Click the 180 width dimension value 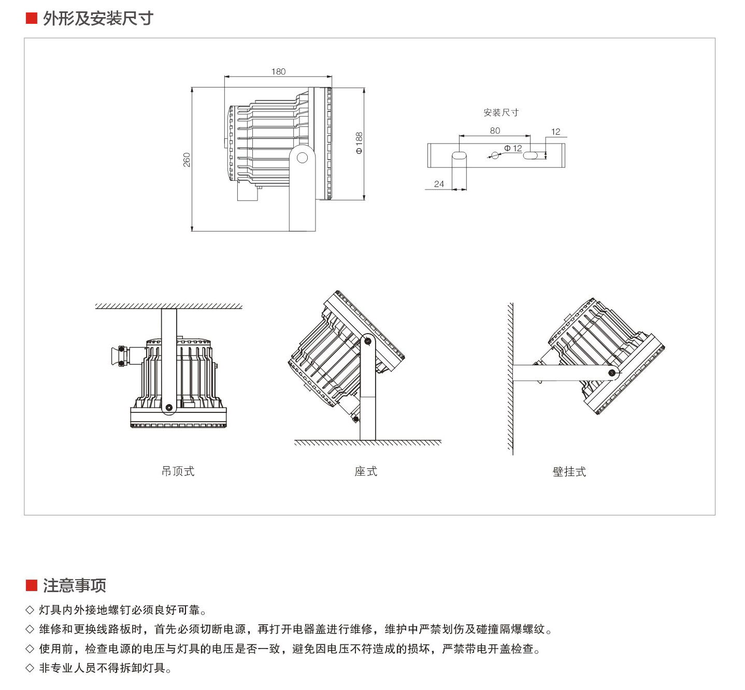click(278, 71)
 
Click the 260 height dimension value click(187, 160)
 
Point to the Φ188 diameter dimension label click(359, 143)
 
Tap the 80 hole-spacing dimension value click(495, 131)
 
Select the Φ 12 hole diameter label click(513, 148)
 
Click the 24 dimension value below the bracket click(439, 184)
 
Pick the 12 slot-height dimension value click(556, 132)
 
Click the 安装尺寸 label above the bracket click(501, 112)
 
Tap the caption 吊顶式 click(178, 471)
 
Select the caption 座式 click(366, 471)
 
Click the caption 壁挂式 click(569, 471)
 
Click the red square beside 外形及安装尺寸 click(32, 19)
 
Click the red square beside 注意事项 click(32, 585)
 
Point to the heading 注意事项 click(75, 585)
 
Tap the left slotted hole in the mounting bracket click(459, 155)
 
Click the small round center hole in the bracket click(495, 155)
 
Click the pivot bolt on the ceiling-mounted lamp click(168, 408)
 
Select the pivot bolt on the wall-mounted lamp click(612, 372)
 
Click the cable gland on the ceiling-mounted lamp click(118, 356)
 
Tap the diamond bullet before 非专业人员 click(30, 668)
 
